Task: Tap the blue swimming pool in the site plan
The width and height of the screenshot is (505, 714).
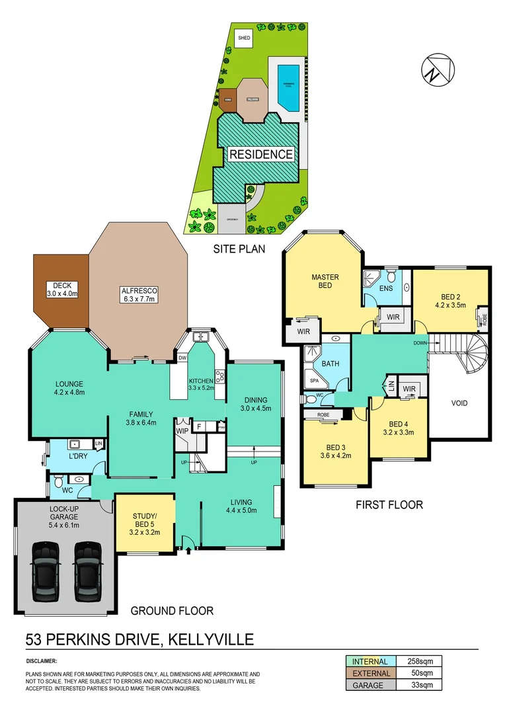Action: point(288,87)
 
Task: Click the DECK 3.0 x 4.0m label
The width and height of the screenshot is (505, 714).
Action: point(62,289)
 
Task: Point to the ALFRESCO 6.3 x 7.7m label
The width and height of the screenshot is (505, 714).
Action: point(138,295)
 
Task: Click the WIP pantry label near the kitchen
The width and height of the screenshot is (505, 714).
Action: point(182,430)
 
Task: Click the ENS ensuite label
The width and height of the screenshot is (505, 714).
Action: point(385,289)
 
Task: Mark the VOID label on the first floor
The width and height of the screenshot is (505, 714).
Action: point(459,403)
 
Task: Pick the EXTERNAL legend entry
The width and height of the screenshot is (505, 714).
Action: point(370,673)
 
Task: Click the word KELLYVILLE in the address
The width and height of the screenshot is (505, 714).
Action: point(212,639)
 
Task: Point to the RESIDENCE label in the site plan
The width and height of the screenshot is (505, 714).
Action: point(260,154)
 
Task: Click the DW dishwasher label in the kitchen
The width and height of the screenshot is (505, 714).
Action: point(182,358)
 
